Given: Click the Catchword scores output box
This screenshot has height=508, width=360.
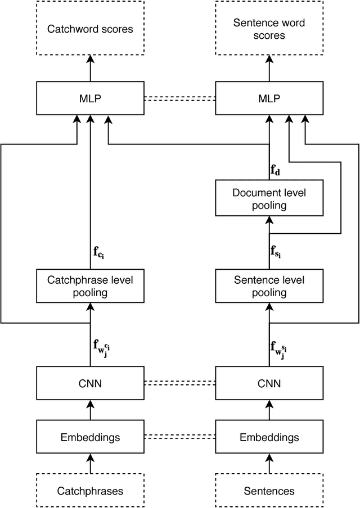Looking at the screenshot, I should point(89,28).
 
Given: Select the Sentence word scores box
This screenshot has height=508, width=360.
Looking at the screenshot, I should point(269,28).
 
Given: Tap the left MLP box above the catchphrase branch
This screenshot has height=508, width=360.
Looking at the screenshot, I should point(89,98).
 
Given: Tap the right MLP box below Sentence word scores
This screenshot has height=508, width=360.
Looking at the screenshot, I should point(269,98).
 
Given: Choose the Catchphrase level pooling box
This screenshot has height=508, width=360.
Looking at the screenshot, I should point(89,286).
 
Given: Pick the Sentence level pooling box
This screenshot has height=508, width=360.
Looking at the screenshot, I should point(269,286).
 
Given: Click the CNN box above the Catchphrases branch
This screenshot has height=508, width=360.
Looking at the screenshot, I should point(89,383).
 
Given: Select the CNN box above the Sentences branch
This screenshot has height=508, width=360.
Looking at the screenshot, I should point(269,383).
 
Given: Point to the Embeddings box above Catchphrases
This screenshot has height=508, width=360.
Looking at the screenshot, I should point(89,437).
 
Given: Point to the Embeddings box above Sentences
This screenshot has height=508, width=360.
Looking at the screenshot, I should point(269,437).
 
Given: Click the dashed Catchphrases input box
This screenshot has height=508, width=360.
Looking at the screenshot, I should point(89,491).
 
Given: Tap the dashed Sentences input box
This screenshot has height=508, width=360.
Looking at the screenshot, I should point(269,491).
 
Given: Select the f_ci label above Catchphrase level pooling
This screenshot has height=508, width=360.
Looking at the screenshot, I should point(99,252).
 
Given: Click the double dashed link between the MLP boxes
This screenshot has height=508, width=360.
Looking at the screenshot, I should point(179,98).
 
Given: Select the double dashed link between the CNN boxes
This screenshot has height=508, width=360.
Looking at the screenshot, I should point(179,383).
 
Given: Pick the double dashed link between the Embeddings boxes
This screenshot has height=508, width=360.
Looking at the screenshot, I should point(179,437).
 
